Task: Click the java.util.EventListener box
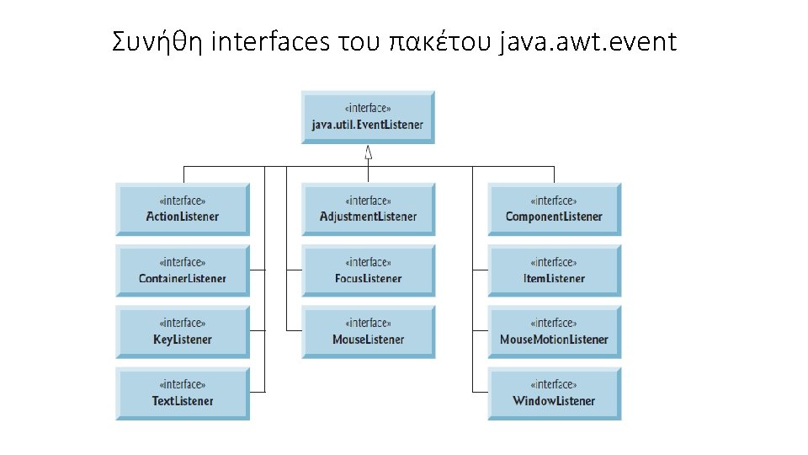click(x=368, y=117)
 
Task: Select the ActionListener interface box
click(x=183, y=209)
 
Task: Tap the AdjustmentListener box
click(x=368, y=209)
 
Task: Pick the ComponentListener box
click(x=554, y=209)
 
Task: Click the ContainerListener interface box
click(x=183, y=270)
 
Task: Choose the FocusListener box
click(x=368, y=270)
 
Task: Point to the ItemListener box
click(x=554, y=270)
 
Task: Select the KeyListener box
click(x=183, y=332)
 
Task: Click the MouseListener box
click(x=368, y=332)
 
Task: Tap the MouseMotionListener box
click(x=554, y=332)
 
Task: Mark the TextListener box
click(x=183, y=393)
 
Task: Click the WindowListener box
click(x=554, y=393)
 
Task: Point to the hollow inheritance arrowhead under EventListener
click(x=368, y=153)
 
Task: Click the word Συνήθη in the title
click(x=157, y=41)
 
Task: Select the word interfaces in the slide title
click(x=270, y=41)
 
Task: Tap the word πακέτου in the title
click(x=439, y=41)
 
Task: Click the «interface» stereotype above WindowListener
click(x=554, y=384)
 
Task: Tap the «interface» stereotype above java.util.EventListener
click(x=368, y=108)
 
